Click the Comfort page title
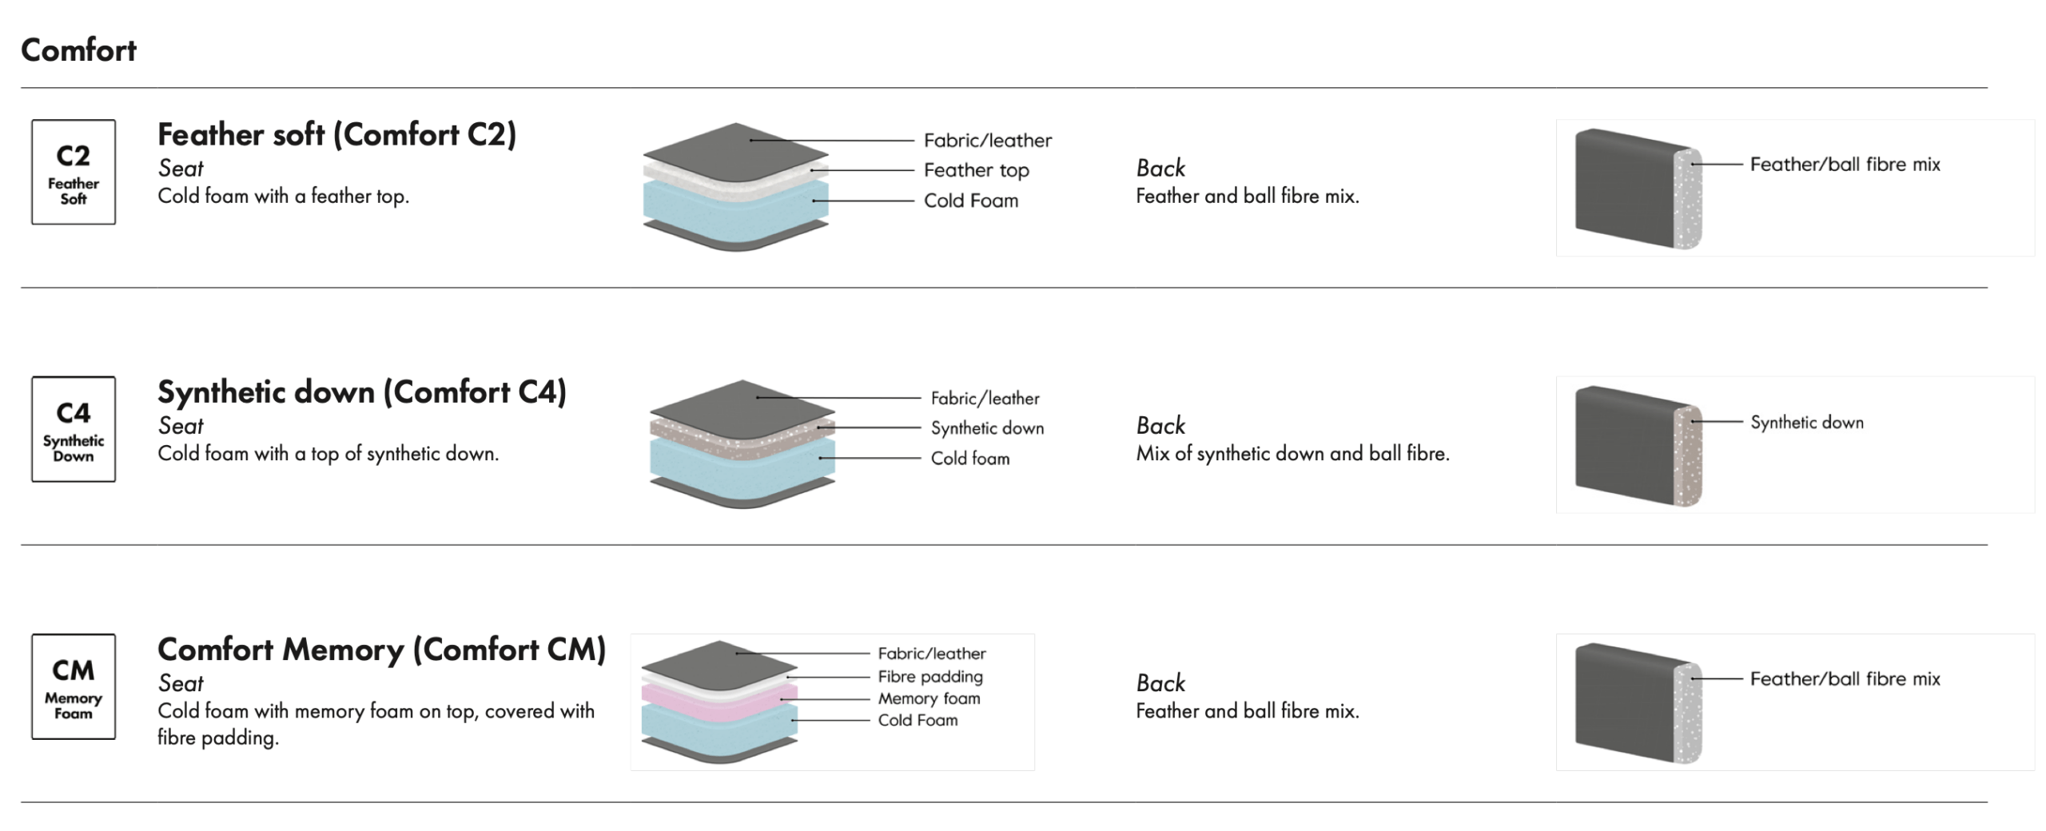click(x=78, y=50)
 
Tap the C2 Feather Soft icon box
click(x=74, y=172)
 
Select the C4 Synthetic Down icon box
click(x=74, y=429)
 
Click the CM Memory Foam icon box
click(x=74, y=686)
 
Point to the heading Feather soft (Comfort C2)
click(x=336, y=135)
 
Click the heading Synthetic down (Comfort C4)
click(x=361, y=392)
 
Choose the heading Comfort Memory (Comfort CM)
click(x=381, y=650)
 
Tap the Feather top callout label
click(x=976, y=170)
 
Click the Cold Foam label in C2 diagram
click(x=971, y=201)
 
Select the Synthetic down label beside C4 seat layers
click(x=987, y=428)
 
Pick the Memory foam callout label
click(x=929, y=698)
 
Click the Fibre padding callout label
click(x=930, y=677)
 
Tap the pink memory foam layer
click(x=719, y=703)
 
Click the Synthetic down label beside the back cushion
click(x=1806, y=422)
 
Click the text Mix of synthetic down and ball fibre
click(x=1292, y=454)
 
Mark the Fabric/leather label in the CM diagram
click(x=931, y=654)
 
